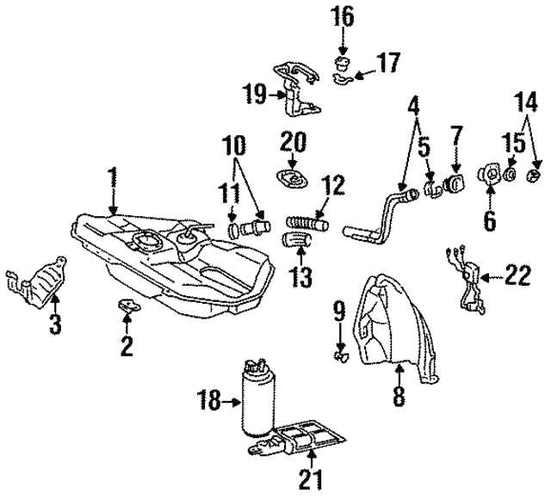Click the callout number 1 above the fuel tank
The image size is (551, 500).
112,178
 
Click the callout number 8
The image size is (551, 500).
399,398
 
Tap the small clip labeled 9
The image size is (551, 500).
337,351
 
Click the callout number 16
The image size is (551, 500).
343,15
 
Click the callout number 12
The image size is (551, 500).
332,183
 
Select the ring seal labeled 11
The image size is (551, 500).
235,231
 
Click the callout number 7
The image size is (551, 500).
456,134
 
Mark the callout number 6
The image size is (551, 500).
489,221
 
